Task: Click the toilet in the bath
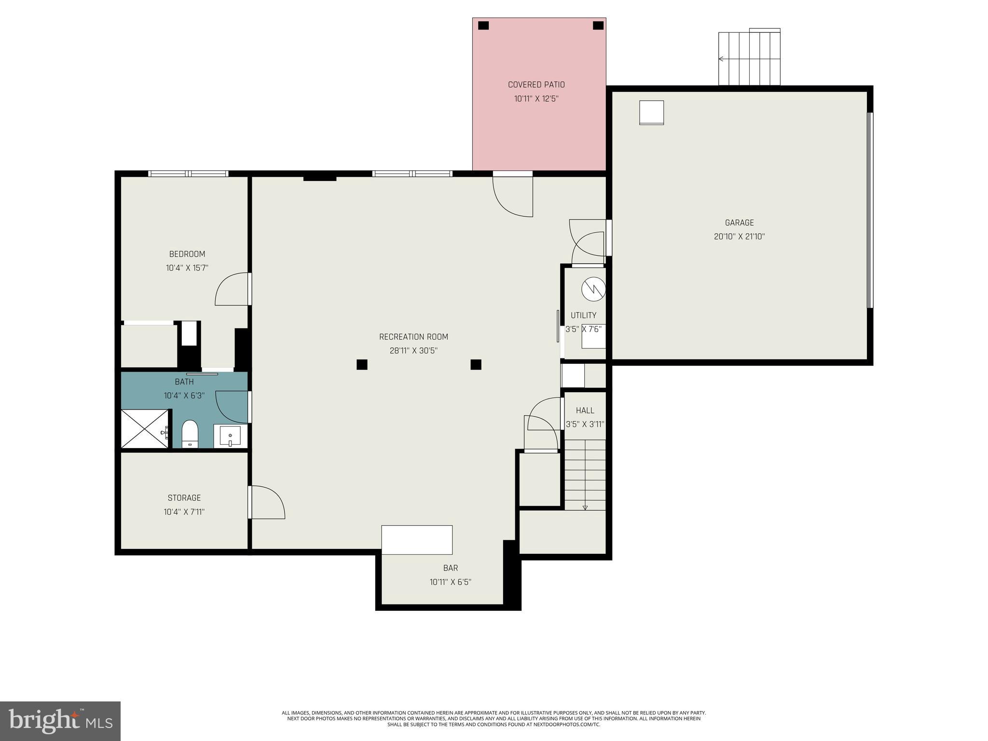(x=190, y=434)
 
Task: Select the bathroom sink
(x=230, y=436)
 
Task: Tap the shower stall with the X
(x=144, y=429)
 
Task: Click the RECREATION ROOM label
(x=413, y=337)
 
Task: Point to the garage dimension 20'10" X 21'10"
(x=739, y=237)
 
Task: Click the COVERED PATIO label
(x=536, y=84)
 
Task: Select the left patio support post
(x=483, y=26)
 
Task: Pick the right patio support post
(x=598, y=26)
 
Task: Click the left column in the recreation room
(x=362, y=365)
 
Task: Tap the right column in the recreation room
(x=476, y=365)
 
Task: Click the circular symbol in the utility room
(x=593, y=289)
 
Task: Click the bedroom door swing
(x=232, y=289)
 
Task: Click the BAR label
(x=450, y=568)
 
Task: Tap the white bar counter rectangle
(x=417, y=540)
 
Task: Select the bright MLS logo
(x=60, y=721)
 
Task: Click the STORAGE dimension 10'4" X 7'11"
(x=184, y=512)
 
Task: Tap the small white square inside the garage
(x=651, y=112)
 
